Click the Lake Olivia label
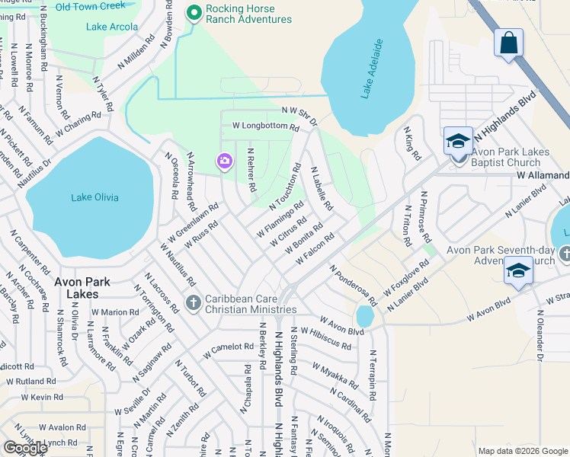(x=94, y=198)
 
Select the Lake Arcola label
(x=112, y=27)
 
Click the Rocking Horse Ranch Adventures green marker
(x=194, y=13)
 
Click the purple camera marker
(x=224, y=161)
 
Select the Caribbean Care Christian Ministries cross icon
(x=193, y=303)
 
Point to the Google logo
(x=25, y=448)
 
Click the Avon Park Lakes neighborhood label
(x=82, y=287)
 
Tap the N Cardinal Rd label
(x=351, y=406)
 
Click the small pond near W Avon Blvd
(x=364, y=315)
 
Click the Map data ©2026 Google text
(x=523, y=451)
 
